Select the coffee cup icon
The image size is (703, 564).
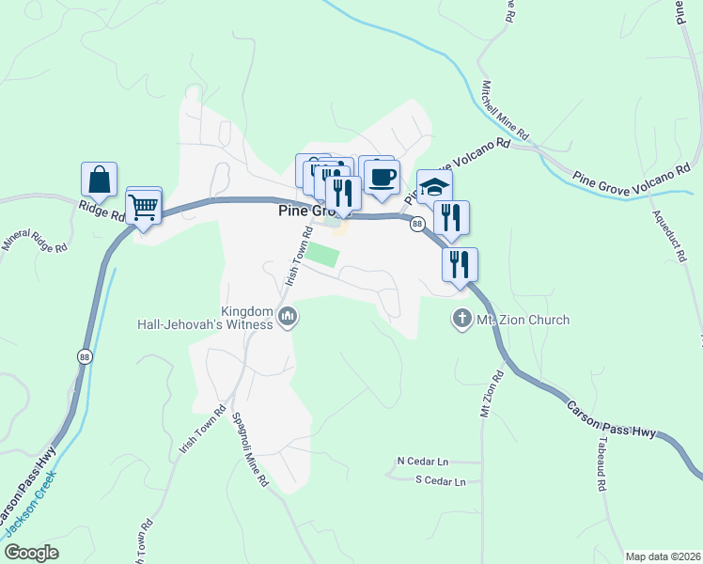382,177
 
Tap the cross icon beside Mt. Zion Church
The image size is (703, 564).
461,320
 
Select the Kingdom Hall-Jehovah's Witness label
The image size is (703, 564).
247,318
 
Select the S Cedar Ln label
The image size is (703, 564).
441,481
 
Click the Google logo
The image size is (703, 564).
31,553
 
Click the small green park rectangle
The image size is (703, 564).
322,255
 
